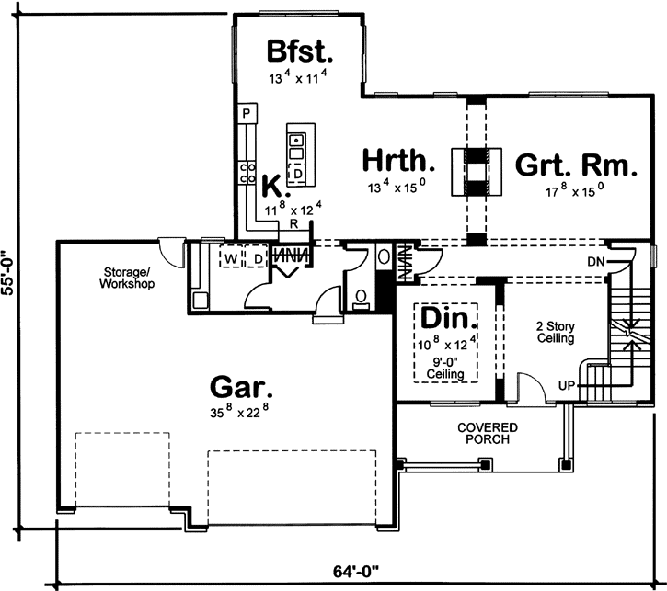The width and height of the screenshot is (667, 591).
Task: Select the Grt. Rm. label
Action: (x=575, y=165)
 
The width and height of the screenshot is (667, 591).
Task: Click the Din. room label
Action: (x=450, y=320)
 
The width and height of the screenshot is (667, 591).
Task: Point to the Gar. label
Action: (x=242, y=383)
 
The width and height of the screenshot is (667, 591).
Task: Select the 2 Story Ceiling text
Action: (x=555, y=332)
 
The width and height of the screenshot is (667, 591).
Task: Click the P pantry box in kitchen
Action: (x=246, y=113)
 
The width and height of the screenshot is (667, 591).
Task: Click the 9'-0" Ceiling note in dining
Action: (x=450, y=368)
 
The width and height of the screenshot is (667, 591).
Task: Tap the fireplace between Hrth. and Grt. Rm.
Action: (x=475, y=171)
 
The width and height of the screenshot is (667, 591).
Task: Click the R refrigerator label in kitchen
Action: (x=293, y=223)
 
